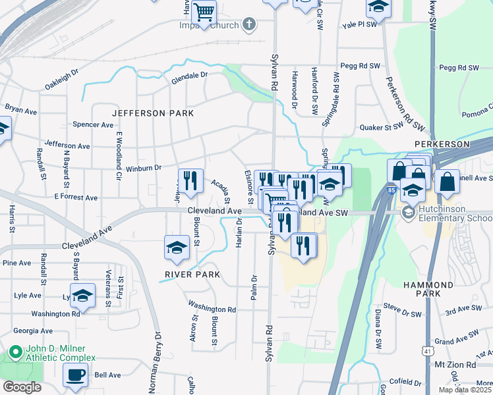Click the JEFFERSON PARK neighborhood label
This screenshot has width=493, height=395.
click(153, 113)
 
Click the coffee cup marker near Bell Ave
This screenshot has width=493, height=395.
click(75, 375)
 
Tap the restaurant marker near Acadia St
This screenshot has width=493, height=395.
click(190, 181)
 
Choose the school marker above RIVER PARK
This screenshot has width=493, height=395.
click(176, 248)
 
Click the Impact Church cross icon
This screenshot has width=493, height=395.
click(248, 26)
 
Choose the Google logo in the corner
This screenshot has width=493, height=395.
click(22, 387)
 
